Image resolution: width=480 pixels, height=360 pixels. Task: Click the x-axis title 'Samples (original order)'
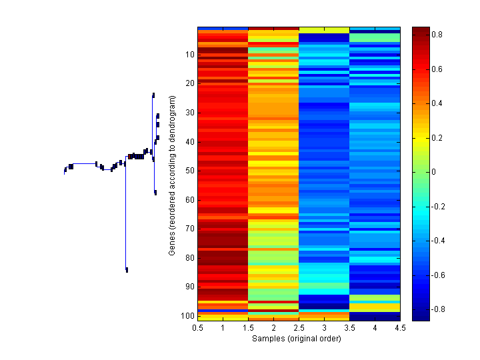296,339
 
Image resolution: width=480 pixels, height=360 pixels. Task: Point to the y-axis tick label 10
190,55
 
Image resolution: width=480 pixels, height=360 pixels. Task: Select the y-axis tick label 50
190,171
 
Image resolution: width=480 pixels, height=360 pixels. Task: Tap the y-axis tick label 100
188,315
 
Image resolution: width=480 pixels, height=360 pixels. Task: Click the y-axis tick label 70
190,229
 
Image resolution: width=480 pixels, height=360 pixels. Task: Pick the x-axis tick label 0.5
197,328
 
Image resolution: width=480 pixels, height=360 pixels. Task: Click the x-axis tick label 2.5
299,328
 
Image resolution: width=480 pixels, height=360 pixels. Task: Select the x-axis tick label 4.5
400,328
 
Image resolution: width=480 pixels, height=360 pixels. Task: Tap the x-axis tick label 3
324,328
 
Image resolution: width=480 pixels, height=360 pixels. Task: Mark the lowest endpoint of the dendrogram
127,271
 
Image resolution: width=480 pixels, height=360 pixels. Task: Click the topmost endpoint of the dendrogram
153,94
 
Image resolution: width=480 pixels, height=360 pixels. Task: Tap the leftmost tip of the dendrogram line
65,173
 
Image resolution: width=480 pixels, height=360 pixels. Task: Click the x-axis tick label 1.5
248,328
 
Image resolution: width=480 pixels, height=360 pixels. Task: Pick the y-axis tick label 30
190,113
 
